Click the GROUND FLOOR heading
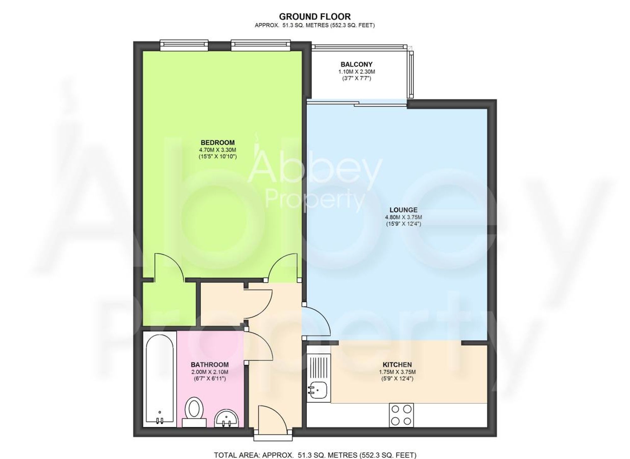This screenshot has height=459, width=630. coord(314,16)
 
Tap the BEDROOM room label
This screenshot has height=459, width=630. coord(217,143)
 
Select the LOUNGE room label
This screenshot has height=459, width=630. coord(403,210)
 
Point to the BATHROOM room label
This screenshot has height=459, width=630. coord(209,365)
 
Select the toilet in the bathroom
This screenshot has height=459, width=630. coord(194,410)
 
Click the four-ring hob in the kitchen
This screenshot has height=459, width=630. coord(401,415)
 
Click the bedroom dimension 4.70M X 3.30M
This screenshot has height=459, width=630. coord(217,150)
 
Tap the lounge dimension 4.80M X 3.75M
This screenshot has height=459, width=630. coord(403,217)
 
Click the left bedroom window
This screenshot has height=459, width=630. coord(184,45)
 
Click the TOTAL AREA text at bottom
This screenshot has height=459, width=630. coord(315,455)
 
